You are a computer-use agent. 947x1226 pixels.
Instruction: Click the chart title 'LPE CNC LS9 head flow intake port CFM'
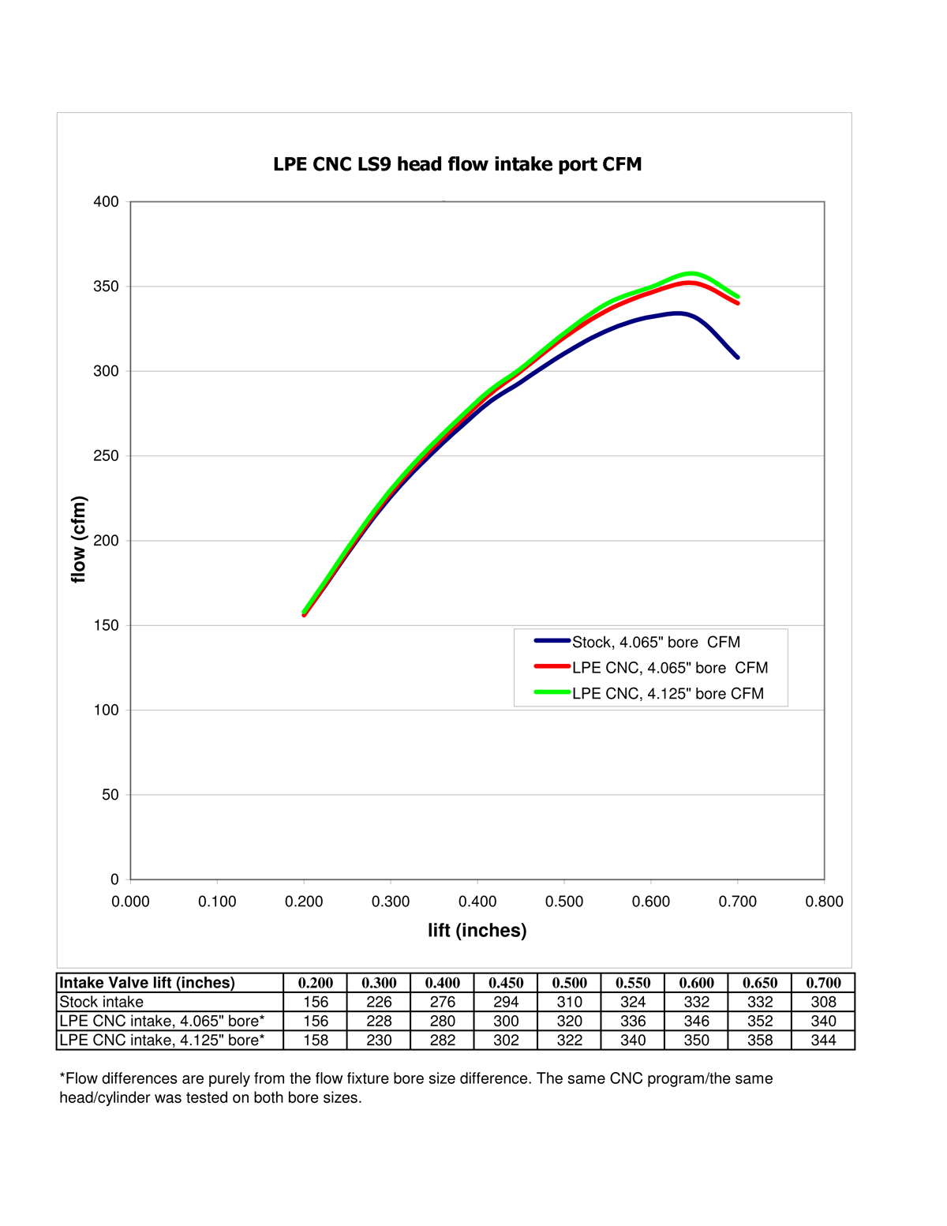coord(457,164)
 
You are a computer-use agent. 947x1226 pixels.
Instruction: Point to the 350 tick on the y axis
coord(107,287)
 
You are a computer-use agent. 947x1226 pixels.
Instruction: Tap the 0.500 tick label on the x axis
coord(564,902)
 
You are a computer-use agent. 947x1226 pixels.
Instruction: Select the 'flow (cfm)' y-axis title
coord(78,540)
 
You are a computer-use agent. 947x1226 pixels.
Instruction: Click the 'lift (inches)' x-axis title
coord(477,930)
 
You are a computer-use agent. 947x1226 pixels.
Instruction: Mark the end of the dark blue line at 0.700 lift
coord(738,358)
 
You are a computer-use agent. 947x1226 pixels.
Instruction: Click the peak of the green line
coord(691,274)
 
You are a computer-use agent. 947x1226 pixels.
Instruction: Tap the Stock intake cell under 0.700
coord(823,1002)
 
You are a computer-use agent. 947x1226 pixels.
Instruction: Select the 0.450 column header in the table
coord(506,983)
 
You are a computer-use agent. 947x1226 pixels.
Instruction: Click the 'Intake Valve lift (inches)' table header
coord(148,983)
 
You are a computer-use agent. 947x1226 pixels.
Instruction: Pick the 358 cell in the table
coord(760,1040)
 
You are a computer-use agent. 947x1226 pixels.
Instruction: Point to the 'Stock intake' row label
coord(102,1002)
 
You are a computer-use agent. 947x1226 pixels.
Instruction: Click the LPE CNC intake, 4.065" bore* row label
coord(162,1021)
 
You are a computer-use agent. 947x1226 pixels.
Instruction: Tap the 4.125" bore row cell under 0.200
coord(316,1040)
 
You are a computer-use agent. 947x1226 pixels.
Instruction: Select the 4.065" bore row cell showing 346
coord(696,1021)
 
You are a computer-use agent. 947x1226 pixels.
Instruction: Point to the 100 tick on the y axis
coord(107,710)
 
